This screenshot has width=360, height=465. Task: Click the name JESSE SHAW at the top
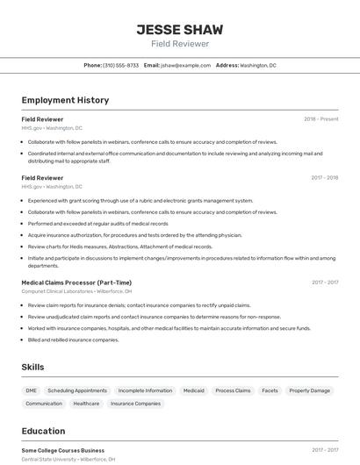click(179, 30)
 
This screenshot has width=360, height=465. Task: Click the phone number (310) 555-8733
click(120, 65)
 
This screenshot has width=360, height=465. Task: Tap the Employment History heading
click(65, 100)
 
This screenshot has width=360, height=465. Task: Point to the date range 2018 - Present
click(320, 119)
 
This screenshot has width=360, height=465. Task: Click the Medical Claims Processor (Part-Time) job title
click(76, 283)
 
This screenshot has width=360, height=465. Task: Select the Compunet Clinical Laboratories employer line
click(76, 290)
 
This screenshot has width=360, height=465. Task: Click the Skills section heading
click(32, 367)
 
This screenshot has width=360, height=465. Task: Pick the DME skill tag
click(32, 390)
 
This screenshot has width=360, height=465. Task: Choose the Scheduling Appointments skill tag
click(77, 390)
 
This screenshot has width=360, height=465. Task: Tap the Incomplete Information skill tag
click(145, 390)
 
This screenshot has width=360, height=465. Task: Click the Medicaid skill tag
click(193, 390)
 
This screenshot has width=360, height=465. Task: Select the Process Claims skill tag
click(233, 390)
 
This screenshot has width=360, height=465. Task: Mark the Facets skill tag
click(270, 390)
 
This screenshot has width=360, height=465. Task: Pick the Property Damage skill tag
click(310, 390)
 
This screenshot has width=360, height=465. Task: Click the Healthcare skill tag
click(86, 404)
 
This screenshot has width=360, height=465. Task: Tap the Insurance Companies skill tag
click(135, 404)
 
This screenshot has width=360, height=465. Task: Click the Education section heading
click(43, 431)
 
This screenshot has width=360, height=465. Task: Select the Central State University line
click(68, 459)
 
